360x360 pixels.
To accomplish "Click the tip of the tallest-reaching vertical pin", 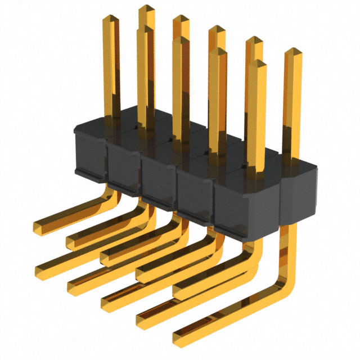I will point(146,8).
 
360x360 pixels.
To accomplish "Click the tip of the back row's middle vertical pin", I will point(217,29).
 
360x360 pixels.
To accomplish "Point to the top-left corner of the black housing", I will point(76,128).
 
